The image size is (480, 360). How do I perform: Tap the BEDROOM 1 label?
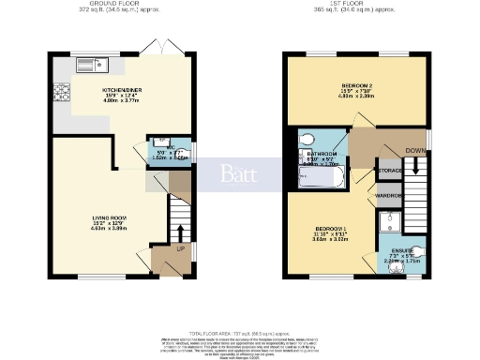tap(332, 229)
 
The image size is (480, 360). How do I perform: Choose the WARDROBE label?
tap(388, 196)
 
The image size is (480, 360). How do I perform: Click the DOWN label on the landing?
tap(412, 150)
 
